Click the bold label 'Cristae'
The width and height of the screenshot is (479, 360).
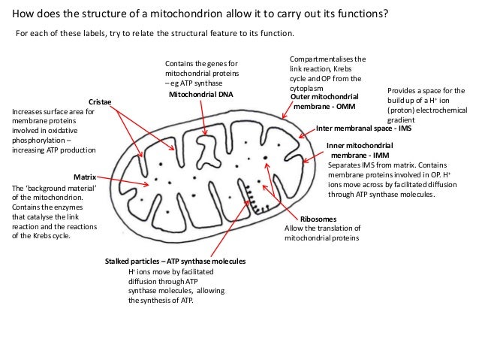[101, 101]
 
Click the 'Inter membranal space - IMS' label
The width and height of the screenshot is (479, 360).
[363, 129]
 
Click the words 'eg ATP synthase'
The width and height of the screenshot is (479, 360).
[194, 84]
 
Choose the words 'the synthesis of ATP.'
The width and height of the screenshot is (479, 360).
[161, 301]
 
